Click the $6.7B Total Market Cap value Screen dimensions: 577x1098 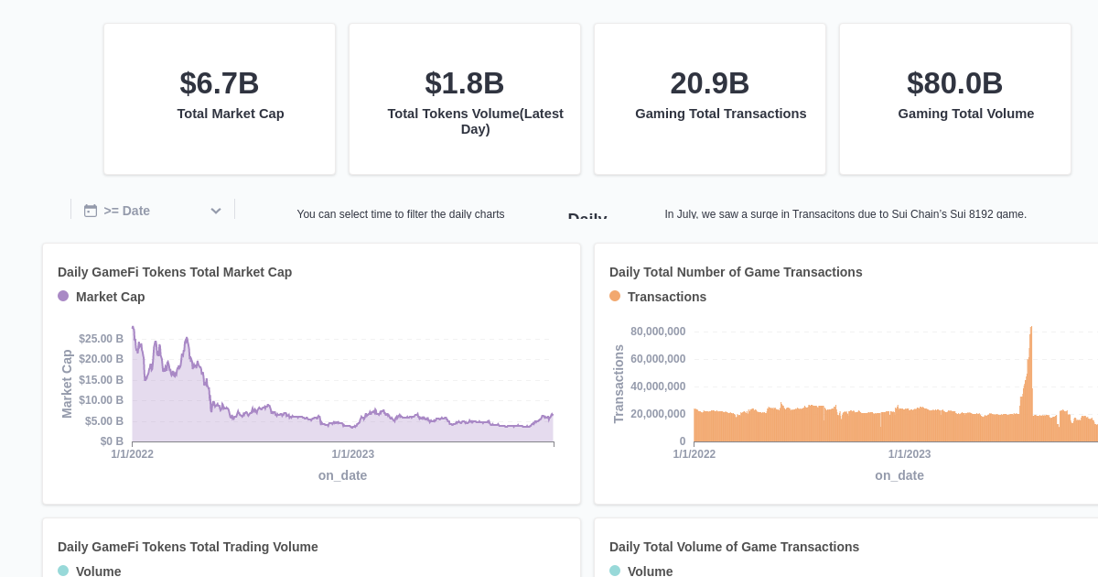[220, 83]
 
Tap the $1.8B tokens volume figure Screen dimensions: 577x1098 [465, 83]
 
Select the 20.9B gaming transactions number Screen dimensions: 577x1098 [710, 83]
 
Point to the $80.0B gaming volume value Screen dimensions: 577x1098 [955, 83]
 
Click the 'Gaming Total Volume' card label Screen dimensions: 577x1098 [965, 114]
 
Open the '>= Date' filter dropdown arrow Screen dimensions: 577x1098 [216, 211]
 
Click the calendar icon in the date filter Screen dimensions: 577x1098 [91, 211]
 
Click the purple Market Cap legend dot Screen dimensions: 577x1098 [63, 296]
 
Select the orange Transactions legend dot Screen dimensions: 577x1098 [615, 296]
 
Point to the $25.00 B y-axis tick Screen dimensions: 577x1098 [101, 339]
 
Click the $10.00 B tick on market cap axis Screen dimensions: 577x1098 [101, 400]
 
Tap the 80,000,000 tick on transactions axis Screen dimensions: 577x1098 [657, 332]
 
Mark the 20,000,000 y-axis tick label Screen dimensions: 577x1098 [657, 414]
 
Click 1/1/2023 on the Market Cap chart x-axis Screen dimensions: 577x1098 [352, 454]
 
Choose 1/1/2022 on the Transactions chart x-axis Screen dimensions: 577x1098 [694, 454]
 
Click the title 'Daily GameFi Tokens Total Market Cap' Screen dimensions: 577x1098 [175, 272]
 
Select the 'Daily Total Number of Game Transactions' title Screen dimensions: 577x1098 [736, 272]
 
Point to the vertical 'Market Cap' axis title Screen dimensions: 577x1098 [67, 384]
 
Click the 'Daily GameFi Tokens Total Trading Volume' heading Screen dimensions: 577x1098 [188, 547]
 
